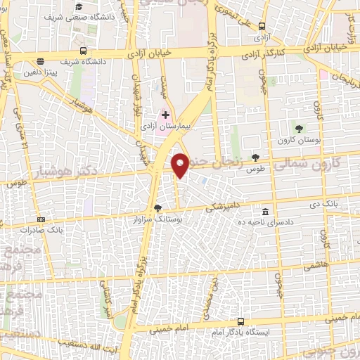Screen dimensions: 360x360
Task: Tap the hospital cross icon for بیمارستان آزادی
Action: (x=165, y=113)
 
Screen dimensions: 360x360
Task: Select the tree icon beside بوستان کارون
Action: (x=300, y=127)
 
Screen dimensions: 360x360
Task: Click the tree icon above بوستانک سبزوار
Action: (x=157, y=208)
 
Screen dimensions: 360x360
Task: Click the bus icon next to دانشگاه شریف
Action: (x=83, y=51)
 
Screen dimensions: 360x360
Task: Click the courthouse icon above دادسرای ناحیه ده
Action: (x=265, y=212)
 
